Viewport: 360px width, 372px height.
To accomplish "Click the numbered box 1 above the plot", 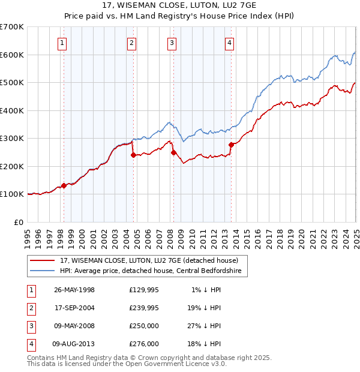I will (x=62, y=43).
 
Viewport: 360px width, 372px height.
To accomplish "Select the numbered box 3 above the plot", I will (x=172, y=43).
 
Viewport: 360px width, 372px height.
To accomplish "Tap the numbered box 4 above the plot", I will (x=230, y=43).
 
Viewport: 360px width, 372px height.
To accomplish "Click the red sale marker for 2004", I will (x=133, y=155).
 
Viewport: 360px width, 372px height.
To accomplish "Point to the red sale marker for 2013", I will (x=231, y=145).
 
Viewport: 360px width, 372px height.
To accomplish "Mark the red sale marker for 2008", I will (x=173, y=152).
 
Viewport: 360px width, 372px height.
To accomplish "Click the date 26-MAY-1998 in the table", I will (x=74, y=290).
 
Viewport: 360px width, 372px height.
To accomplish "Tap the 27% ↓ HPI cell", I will (x=203, y=326).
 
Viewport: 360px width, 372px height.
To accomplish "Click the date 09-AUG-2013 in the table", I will (x=74, y=344).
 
